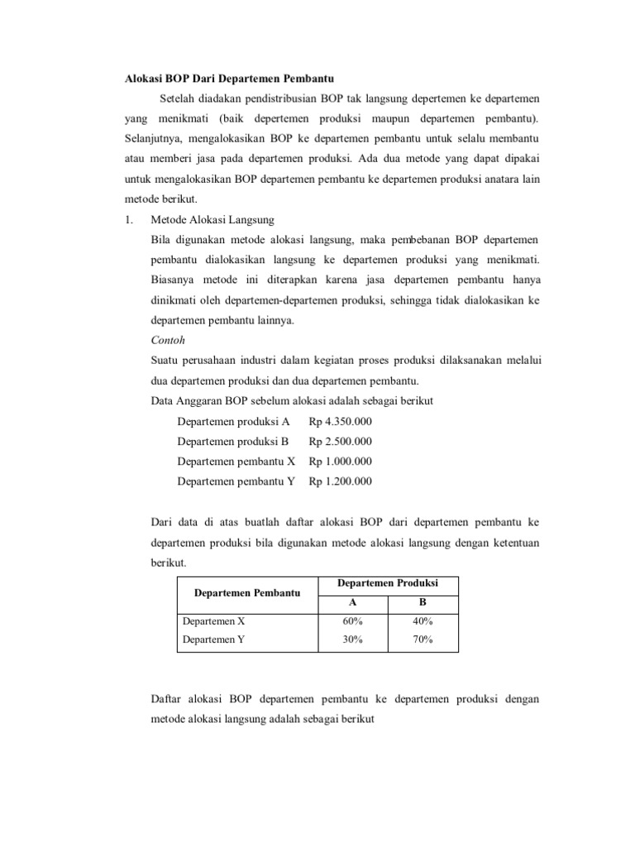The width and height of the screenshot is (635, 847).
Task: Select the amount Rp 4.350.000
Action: click(x=340, y=421)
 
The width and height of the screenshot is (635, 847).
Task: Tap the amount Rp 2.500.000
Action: click(x=340, y=441)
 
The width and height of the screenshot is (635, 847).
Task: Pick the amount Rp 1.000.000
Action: click(x=340, y=461)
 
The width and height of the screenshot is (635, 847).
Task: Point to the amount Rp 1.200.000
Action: click(x=340, y=481)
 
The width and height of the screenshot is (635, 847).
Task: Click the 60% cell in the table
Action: click(x=353, y=621)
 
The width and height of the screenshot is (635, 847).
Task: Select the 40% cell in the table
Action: click(x=423, y=621)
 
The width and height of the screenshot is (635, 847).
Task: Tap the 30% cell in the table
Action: click(x=353, y=639)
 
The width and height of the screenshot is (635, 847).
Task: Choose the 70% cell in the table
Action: click(x=423, y=639)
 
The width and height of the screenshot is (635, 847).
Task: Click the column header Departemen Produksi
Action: click(x=387, y=584)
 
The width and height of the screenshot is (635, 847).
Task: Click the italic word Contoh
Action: click(x=168, y=340)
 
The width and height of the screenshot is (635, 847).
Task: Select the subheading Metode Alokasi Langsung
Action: click(x=212, y=219)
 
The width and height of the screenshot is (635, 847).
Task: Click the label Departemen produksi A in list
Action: click(x=233, y=421)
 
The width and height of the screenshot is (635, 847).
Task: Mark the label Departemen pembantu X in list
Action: click(x=236, y=461)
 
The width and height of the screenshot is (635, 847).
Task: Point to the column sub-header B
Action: click(x=423, y=603)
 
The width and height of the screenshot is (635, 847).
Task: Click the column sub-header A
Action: click(x=353, y=603)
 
